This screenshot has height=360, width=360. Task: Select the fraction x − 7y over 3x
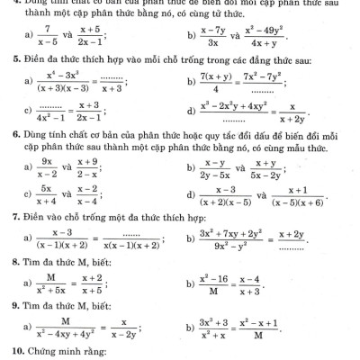212,35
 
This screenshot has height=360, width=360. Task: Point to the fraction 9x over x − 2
44,168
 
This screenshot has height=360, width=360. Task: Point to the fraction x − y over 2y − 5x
217,168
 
